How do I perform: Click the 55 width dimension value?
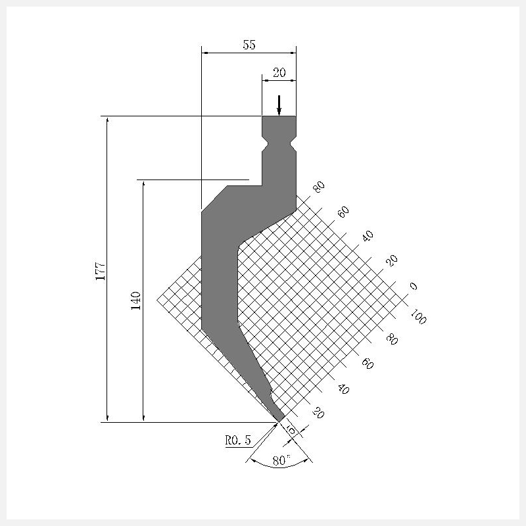pos(249,45)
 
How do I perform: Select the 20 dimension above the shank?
pos(279,72)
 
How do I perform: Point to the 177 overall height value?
pos(101,271)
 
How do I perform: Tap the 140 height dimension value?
pos(136,300)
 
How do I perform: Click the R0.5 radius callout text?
pos(238,440)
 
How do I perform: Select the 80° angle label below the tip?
pos(281,460)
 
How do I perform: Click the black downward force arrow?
pos(279,105)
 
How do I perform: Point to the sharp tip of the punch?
pos(279,421)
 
